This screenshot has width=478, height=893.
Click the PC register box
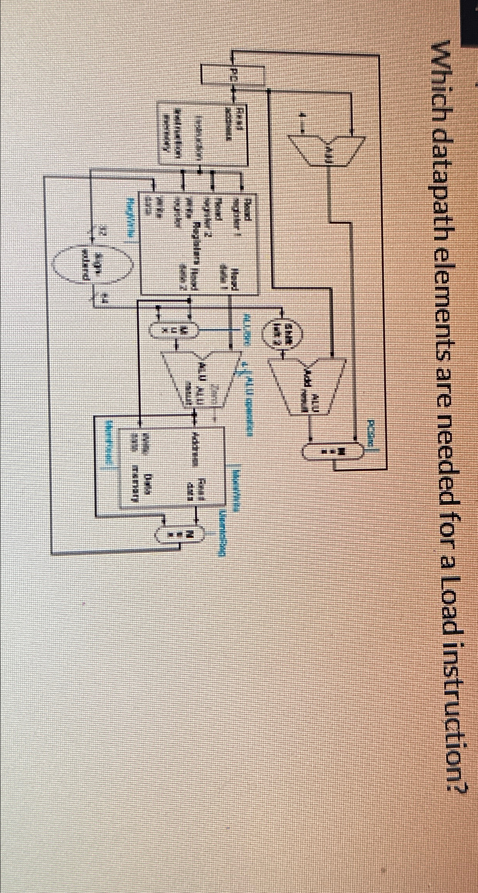(x=234, y=75)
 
